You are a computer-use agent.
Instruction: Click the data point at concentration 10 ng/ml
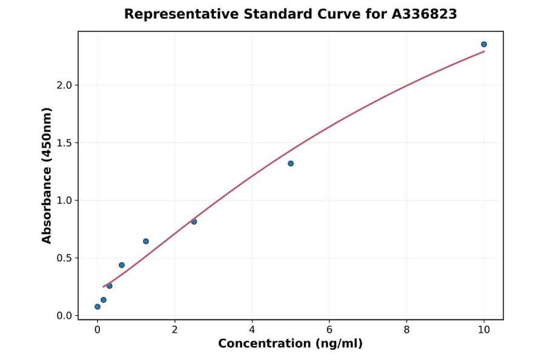pos(484,44)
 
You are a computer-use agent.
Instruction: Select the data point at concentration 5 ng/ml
pos(291,164)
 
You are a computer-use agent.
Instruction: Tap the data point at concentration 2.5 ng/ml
pos(194,222)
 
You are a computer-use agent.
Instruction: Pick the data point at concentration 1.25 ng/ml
pos(146,241)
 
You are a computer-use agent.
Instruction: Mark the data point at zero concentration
pos(97,307)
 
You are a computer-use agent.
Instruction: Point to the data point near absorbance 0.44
pos(122,265)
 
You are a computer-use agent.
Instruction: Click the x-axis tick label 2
pos(174,330)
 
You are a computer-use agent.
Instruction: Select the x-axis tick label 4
pos(252,330)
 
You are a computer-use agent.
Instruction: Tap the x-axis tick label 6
pos(329,330)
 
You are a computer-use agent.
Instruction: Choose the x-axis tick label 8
pos(406,330)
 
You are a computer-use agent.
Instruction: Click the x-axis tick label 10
pos(484,330)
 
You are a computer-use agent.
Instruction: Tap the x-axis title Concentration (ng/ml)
pos(290,344)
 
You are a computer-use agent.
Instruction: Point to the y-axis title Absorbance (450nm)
pos(47,175)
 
